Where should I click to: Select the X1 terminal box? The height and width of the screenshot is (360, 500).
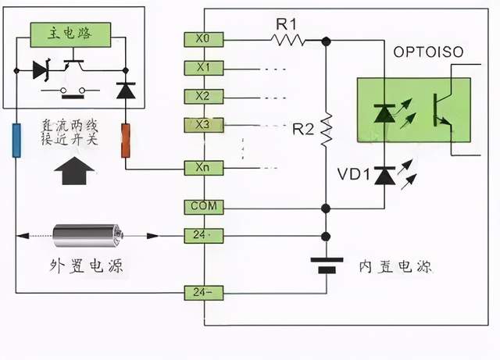pos(204,68)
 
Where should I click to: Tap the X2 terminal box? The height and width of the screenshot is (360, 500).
pos(204,96)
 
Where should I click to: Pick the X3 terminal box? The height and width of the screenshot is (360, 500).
pos(204,125)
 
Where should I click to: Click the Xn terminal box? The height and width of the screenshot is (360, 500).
pos(204,167)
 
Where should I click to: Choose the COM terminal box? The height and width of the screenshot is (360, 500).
pos(204,207)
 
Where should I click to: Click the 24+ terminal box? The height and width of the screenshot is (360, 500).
pos(204,234)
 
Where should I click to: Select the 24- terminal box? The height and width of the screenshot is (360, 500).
pos(204,293)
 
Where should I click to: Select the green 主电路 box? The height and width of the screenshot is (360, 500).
pos(71,33)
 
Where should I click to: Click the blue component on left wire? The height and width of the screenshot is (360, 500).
pos(16,140)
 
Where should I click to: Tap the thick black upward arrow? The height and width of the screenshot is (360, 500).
pos(76,169)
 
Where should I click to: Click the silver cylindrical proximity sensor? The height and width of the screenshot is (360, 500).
pos(88,234)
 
